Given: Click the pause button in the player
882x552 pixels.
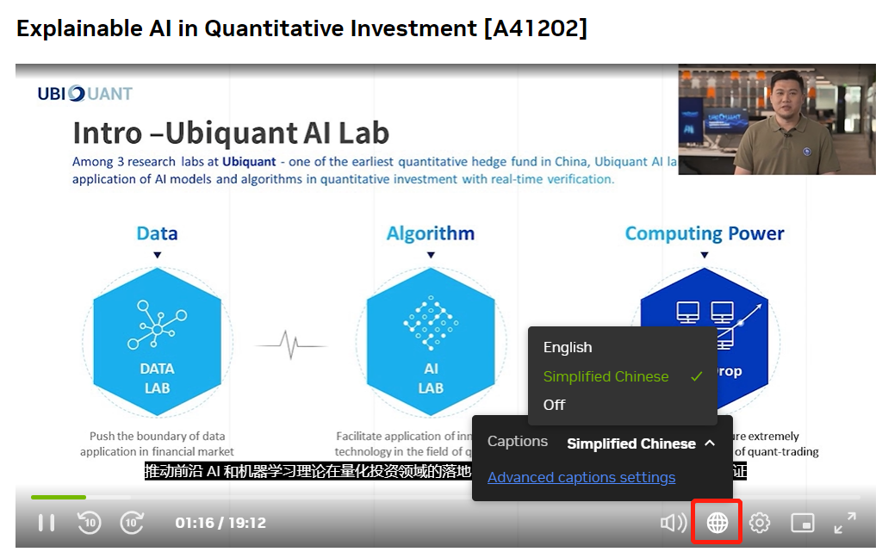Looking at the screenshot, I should (47, 522).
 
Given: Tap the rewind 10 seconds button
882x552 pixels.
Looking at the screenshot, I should (90, 522).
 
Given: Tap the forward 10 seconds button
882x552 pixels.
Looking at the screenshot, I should (132, 522).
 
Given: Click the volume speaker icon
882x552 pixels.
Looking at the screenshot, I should (673, 522).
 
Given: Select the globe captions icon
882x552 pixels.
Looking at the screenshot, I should (717, 522).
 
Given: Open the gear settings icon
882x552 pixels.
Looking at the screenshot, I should (759, 522).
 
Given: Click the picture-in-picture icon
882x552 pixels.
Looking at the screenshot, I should (802, 522).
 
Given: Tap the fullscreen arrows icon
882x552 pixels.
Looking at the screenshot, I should (845, 522).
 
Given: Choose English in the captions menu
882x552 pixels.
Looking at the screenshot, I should (568, 348).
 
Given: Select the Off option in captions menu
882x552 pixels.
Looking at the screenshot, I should (555, 405).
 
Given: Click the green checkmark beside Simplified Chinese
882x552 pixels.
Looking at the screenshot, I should (697, 376).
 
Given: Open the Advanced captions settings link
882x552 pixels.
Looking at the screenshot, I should (581, 478).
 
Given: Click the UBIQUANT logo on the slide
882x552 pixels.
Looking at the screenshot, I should (84, 94).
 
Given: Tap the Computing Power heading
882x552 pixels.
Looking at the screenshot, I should (705, 233).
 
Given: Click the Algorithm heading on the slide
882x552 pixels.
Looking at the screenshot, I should (431, 233).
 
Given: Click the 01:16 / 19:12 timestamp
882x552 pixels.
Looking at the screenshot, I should (220, 523).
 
